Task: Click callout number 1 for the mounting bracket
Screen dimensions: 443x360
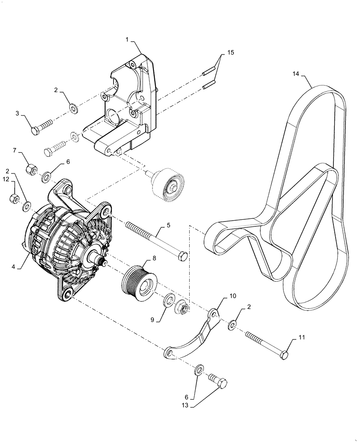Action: [127, 40]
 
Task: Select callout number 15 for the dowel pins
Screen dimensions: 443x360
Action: [231, 53]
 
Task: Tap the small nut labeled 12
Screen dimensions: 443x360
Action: [14, 198]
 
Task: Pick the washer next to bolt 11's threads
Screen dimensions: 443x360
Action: [232, 327]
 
